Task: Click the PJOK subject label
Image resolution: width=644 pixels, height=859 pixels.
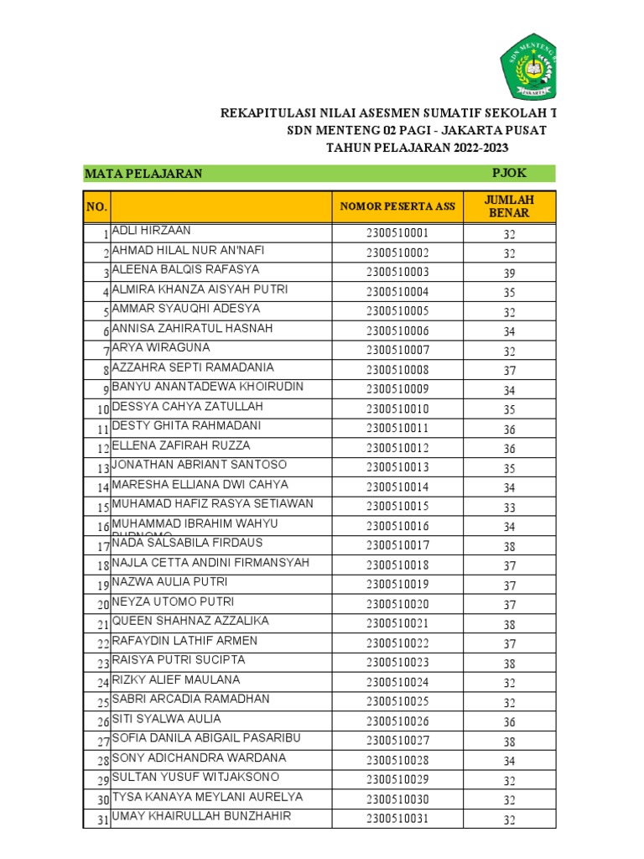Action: pyautogui.click(x=509, y=174)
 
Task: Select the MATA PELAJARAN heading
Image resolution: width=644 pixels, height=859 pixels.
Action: pyautogui.click(x=143, y=174)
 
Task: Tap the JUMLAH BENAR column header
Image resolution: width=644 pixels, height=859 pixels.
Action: pyautogui.click(x=509, y=206)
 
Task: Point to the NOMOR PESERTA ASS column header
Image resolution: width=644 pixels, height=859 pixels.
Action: pyautogui.click(x=397, y=206)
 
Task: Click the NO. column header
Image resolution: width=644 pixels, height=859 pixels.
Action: pyautogui.click(x=96, y=206)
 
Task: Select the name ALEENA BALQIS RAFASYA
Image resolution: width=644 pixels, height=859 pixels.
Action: pyautogui.click(x=185, y=270)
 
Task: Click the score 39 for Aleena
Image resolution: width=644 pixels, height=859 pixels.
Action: pyautogui.click(x=509, y=273)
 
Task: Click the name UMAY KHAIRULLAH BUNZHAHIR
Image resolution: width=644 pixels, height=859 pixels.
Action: pyautogui.click(x=201, y=816)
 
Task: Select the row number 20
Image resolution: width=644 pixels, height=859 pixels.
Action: pyautogui.click(x=102, y=605)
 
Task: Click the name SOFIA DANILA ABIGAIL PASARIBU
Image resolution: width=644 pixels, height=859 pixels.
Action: pyautogui.click(x=206, y=738)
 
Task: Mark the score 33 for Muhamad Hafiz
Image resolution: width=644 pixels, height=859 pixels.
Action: pyautogui.click(x=509, y=507)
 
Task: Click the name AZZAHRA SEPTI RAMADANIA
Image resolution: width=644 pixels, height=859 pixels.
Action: pyautogui.click(x=193, y=367)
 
